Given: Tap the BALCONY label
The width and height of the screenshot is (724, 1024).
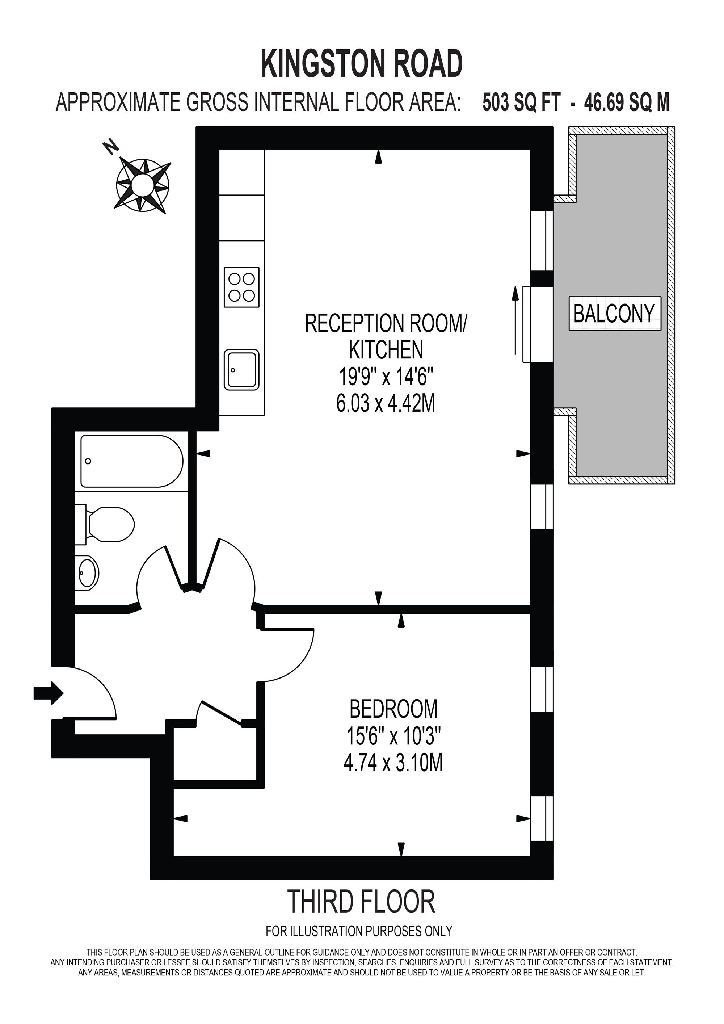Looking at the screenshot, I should point(614,314).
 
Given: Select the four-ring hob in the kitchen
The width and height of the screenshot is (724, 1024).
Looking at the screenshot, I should point(241,287).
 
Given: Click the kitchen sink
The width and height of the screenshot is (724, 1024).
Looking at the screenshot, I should point(241,370).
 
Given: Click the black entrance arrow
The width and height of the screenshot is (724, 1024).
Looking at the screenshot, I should point(49,693).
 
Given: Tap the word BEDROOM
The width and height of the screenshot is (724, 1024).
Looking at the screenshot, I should point(393,709).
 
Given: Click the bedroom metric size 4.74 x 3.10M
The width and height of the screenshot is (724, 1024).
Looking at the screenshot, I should point(393,763).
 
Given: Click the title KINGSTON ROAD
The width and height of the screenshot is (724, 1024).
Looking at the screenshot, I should point(362,64).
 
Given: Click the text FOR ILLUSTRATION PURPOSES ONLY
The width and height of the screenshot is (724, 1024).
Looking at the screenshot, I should point(359,931).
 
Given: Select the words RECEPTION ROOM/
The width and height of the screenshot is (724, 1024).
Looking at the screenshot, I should point(385,323).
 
